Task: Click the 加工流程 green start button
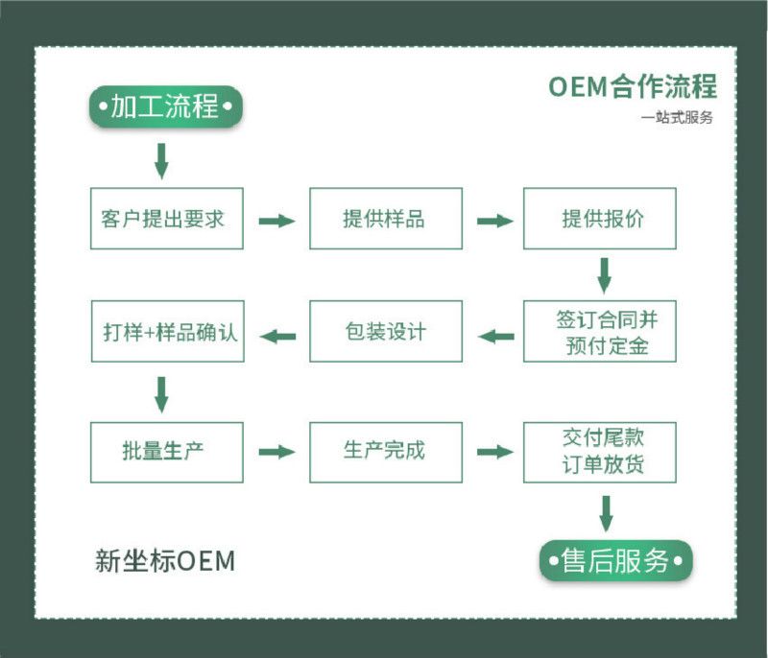point(165,106)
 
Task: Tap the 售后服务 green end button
point(615,560)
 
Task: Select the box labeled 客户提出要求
point(167,219)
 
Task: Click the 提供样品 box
point(386,219)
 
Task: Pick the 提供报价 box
point(600,219)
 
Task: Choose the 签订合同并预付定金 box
point(600,331)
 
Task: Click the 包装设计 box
point(386,331)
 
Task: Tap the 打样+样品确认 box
point(167,331)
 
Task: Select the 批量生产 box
point(167,453)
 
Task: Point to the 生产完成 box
point(386,453)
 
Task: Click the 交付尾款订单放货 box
point(600,453)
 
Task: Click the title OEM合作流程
point(633,86)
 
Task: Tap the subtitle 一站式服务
point(677,117)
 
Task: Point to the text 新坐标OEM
point(165,561)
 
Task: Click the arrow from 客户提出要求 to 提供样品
point(276,221)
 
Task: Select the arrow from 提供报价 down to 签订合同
point(605,276)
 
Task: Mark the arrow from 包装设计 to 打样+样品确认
point(277,336)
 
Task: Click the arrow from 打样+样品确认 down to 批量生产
point(161,394)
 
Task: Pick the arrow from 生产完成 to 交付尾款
point(495,452)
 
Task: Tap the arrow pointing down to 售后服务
point(607,514)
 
